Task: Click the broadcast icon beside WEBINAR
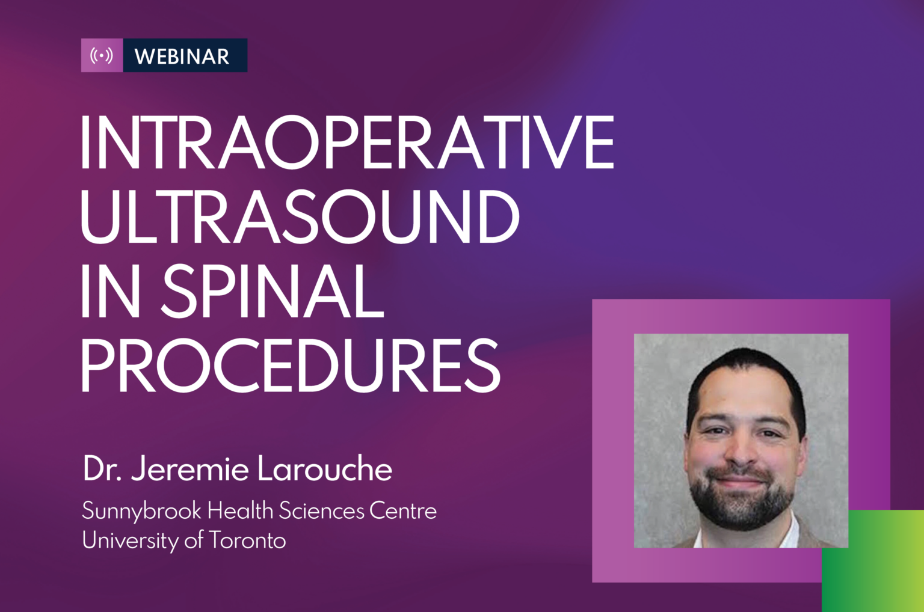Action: point(102,55)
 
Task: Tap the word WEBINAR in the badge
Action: point(182,56)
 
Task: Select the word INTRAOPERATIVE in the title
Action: point(347,142)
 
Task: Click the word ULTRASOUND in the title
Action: point(300,217)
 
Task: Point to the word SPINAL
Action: point(273,292)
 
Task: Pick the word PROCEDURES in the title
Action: point(291,366)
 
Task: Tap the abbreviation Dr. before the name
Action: point(102,469)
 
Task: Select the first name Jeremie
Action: point(190,469)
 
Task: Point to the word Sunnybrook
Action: point(142,512)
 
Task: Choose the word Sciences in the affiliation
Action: point(322,511)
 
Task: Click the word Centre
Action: point(403,511)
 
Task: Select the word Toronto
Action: point(247,540)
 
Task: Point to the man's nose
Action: point(741,453)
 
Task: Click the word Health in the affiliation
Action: point(240,511)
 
